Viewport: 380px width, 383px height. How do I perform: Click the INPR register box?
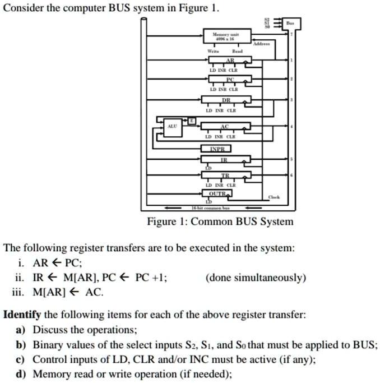(x=216, y=149)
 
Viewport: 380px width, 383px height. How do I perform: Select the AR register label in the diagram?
(x=230, y=61)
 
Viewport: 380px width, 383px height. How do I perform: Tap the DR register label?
(x=226, y=99)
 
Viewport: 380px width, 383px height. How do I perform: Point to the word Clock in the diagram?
(x=274, y=197)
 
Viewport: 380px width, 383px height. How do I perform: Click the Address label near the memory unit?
(x=261, y=43)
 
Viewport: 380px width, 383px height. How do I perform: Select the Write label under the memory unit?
(x=213, y=52)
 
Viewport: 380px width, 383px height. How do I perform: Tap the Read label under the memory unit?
(x=238, y=52)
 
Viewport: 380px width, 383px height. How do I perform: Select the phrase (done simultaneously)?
(x=256, y=278)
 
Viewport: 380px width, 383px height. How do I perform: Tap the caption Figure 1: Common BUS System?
(x=220, y=222)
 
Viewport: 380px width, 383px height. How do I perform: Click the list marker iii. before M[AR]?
(x=19, y=292)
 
